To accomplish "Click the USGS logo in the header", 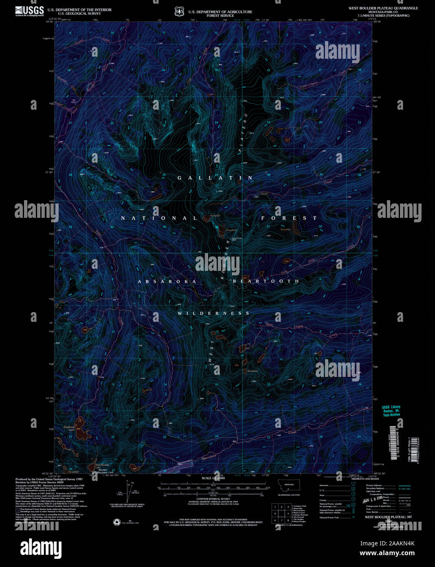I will (x=29, y=11).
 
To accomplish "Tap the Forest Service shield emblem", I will (x=179, y=11).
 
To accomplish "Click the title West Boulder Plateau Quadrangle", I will (x=383, y=8).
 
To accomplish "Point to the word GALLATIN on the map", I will (x=215, y=178).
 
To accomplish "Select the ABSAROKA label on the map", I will (x=167, y=281).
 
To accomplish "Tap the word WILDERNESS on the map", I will (x=214, y=313).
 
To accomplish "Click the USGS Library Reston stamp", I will (x=391, y=411).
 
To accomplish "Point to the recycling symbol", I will (x=117, y=523).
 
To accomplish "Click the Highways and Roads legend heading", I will (x=365, y=479).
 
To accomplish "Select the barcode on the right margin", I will (x=393, y=443).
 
